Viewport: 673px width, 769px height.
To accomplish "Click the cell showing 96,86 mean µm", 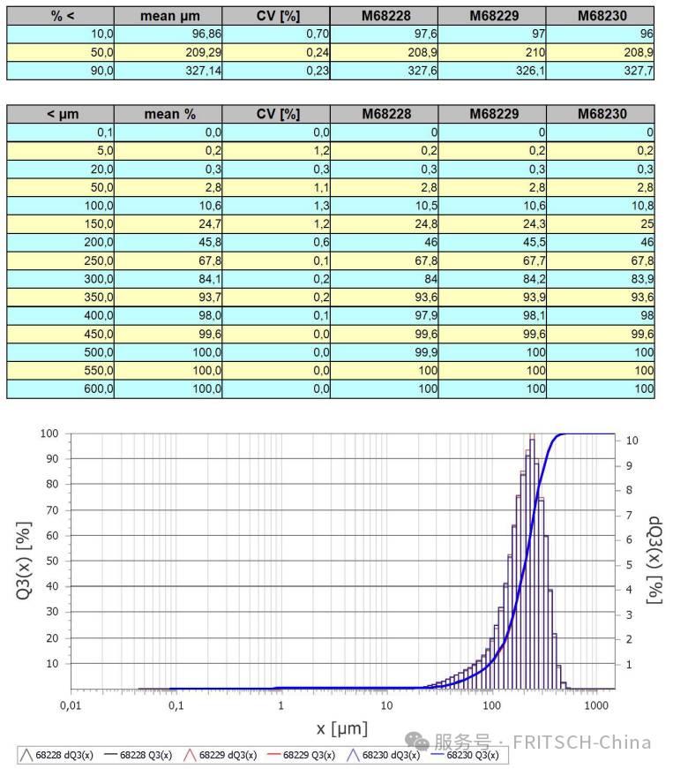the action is tap(168, 34).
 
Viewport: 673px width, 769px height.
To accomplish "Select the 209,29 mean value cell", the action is tap(168, 52).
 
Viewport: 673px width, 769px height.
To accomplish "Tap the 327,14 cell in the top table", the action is tap(168, 71).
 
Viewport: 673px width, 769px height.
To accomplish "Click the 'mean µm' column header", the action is tap(170, 16).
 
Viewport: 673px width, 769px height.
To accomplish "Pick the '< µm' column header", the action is tap(63, 114).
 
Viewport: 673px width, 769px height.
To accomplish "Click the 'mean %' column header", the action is tap(170, 114).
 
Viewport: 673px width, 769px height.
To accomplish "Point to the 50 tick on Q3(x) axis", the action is tap(52, 561).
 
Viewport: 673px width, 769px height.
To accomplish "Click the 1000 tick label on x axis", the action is tap(596, 705).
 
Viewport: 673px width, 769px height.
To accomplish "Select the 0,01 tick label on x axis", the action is tap(71, 705).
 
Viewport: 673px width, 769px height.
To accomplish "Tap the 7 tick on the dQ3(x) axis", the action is tap(629, 515).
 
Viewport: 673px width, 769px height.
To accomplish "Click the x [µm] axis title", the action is tap(342, 728).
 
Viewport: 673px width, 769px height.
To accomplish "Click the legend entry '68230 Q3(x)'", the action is tap(466, 755).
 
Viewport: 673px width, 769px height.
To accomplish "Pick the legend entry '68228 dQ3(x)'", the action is tap(56, 755).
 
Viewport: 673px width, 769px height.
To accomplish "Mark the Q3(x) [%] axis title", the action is tap(24, 561).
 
